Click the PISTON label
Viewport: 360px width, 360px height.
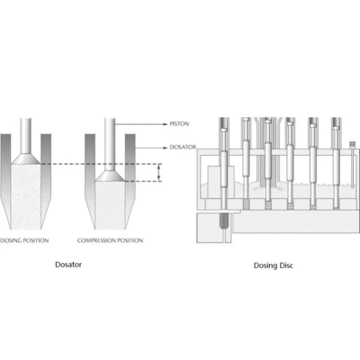tap(179, 123)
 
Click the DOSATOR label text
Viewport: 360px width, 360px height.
tap(183, 147)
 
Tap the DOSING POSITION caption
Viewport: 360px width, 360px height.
tap(24, 240)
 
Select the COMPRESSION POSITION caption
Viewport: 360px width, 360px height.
tap(110, 240)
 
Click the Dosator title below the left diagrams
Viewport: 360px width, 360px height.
tap(68, 265)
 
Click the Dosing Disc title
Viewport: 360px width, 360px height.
tap(274, 265)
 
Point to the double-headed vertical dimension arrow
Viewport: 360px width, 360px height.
tap(159, 173)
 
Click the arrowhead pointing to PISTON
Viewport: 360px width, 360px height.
tap(165, 124)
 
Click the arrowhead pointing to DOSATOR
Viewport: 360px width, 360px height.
tap(165, 148)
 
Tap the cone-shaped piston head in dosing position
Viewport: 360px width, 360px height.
tap(25, 159)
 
